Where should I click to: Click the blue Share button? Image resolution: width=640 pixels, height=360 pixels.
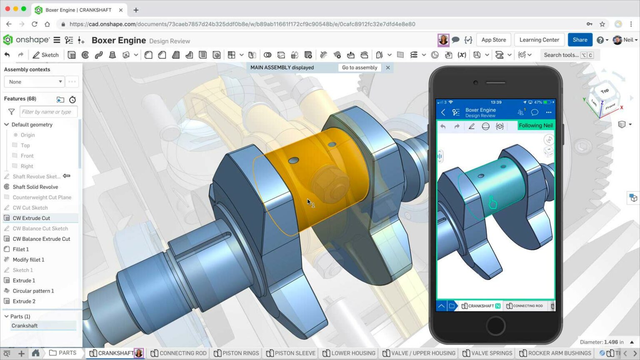[580, 40]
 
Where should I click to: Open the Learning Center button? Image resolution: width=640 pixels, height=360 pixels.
[539, 40]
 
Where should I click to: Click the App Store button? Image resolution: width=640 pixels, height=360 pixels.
[493, 40]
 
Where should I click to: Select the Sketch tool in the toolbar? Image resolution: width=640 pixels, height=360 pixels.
[46, 55]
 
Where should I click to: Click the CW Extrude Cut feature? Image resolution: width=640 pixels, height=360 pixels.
[31, 218]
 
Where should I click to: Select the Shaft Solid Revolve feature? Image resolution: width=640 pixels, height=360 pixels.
[35, 187]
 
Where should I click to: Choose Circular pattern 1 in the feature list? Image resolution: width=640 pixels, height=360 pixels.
[33, 291]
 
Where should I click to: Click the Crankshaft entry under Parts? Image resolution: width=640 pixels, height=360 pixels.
[25, 326]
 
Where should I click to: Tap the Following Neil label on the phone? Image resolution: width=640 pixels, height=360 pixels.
[535, 125]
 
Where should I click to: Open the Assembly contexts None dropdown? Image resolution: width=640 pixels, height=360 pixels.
[34, 82]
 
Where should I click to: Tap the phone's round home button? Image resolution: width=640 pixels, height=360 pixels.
[495, 325]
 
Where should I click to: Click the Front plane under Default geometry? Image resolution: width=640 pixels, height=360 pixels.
[27, 156]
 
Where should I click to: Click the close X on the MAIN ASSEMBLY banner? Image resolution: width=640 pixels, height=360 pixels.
[388, 67]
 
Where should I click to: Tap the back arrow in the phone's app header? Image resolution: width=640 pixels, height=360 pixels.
[443, 112]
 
